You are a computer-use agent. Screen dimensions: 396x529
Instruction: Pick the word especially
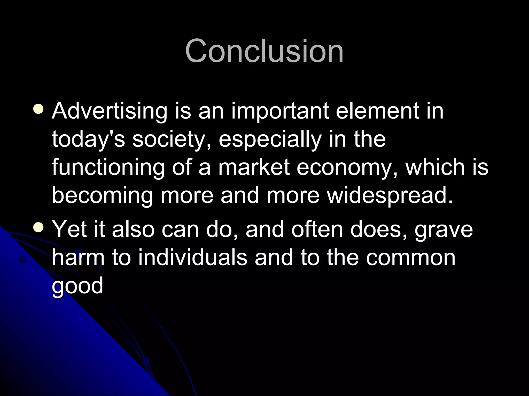270,139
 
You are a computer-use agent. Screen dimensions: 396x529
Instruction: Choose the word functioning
108,168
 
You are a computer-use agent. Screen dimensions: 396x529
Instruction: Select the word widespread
390,196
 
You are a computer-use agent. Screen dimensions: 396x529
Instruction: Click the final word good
77,286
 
